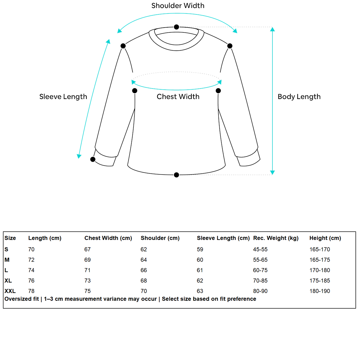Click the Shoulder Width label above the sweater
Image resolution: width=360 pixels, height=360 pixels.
click(x=178, y=6)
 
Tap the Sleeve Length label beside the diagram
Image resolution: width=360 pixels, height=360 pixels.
click(x=63, y=97)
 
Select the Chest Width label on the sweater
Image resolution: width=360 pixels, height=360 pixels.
click(x=178, y=97)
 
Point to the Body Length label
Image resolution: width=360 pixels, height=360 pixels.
click(x=299, y=97)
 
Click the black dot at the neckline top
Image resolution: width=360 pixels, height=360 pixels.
click(x=176, y=27)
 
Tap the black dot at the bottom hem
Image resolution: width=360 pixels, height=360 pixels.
click(x=176, y=175)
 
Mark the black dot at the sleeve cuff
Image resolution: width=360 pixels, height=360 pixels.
click(x=93, y=159)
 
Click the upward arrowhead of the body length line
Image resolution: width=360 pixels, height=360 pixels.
click(x=272, y=29)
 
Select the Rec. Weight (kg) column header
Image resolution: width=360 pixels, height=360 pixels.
click(x=276, y=238)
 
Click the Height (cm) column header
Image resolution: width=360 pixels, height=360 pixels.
click(x=325, y=238)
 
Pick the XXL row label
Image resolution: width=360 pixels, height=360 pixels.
click(x=10, y=291)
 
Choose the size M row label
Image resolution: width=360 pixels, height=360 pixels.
click(x=7, y=260)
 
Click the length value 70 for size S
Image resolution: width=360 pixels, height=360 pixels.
click(x=31, y=249)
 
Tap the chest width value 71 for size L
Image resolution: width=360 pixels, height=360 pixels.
click(x=87, y=270)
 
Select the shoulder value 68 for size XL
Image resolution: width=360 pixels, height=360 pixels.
click(x=144, y=281)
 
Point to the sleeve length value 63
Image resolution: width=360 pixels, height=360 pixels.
click(x=200, y=291)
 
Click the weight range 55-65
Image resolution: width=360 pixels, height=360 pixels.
click(x=260, y=260)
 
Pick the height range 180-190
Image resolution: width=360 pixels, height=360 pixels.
click(x=319, y=291)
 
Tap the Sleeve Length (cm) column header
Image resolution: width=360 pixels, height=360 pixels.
click(x=223, y=238)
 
